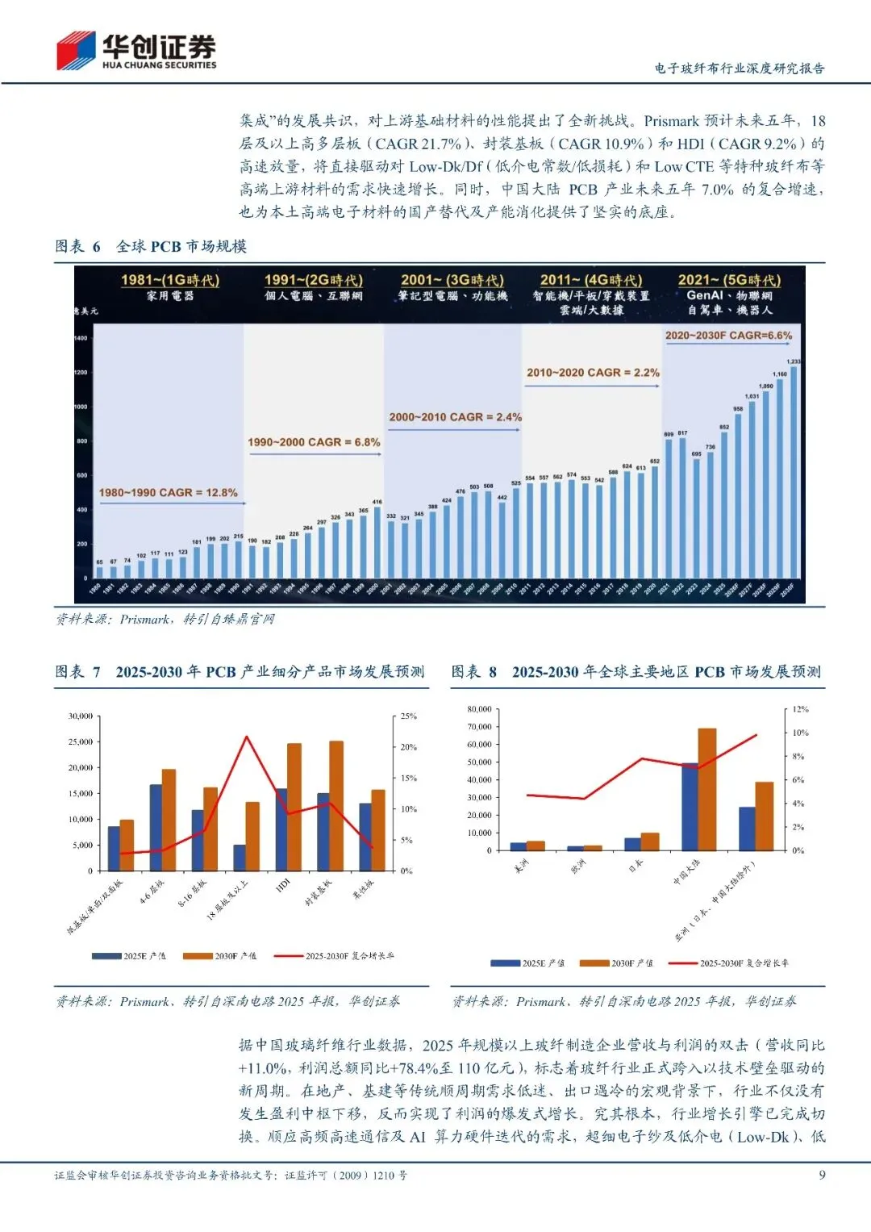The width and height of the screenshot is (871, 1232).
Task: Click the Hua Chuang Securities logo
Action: pos(135,50)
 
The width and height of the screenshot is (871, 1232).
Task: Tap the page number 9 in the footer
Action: pos(822,1175)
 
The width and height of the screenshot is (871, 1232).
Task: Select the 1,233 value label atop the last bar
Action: pos(794,361)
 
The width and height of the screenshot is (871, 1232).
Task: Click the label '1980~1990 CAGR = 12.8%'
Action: pos(168,492)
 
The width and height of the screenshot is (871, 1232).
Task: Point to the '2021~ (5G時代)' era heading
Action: pos(729,280)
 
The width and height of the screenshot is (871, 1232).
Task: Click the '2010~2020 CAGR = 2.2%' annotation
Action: pos(593,373)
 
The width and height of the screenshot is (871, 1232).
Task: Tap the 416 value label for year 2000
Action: pos(377,502)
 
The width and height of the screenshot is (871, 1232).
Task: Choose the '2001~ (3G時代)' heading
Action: pos(452,280)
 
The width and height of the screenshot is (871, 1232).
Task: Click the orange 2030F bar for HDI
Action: pos(294,807)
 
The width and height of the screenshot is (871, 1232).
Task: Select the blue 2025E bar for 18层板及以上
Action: pos(240,858)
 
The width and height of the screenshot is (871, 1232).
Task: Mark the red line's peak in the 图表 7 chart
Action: pos(247,737)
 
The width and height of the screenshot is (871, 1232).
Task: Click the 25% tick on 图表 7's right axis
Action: pos(409,716)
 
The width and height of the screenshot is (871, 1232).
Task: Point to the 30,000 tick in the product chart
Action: pos(81,716)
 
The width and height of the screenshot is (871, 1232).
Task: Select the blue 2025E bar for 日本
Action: pos(632,844)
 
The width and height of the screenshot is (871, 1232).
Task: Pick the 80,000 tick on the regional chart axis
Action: pos(479,709)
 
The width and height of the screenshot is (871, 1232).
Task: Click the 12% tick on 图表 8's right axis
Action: pos(800,709)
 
